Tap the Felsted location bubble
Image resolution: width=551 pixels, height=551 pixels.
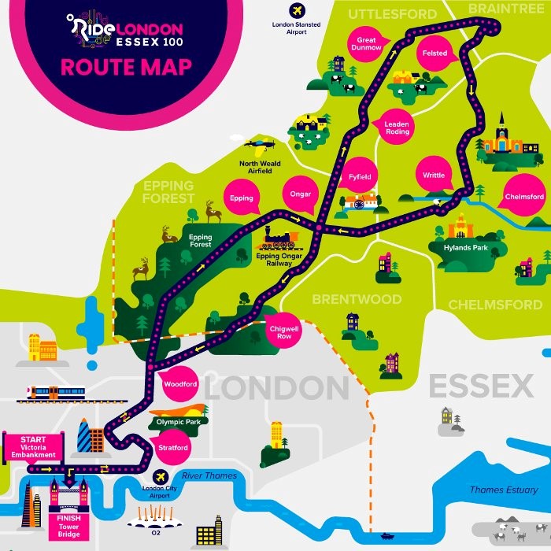point(435,54)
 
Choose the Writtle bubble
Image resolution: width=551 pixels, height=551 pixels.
point(434,176)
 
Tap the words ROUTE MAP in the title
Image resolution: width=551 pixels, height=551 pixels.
point(126,66)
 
